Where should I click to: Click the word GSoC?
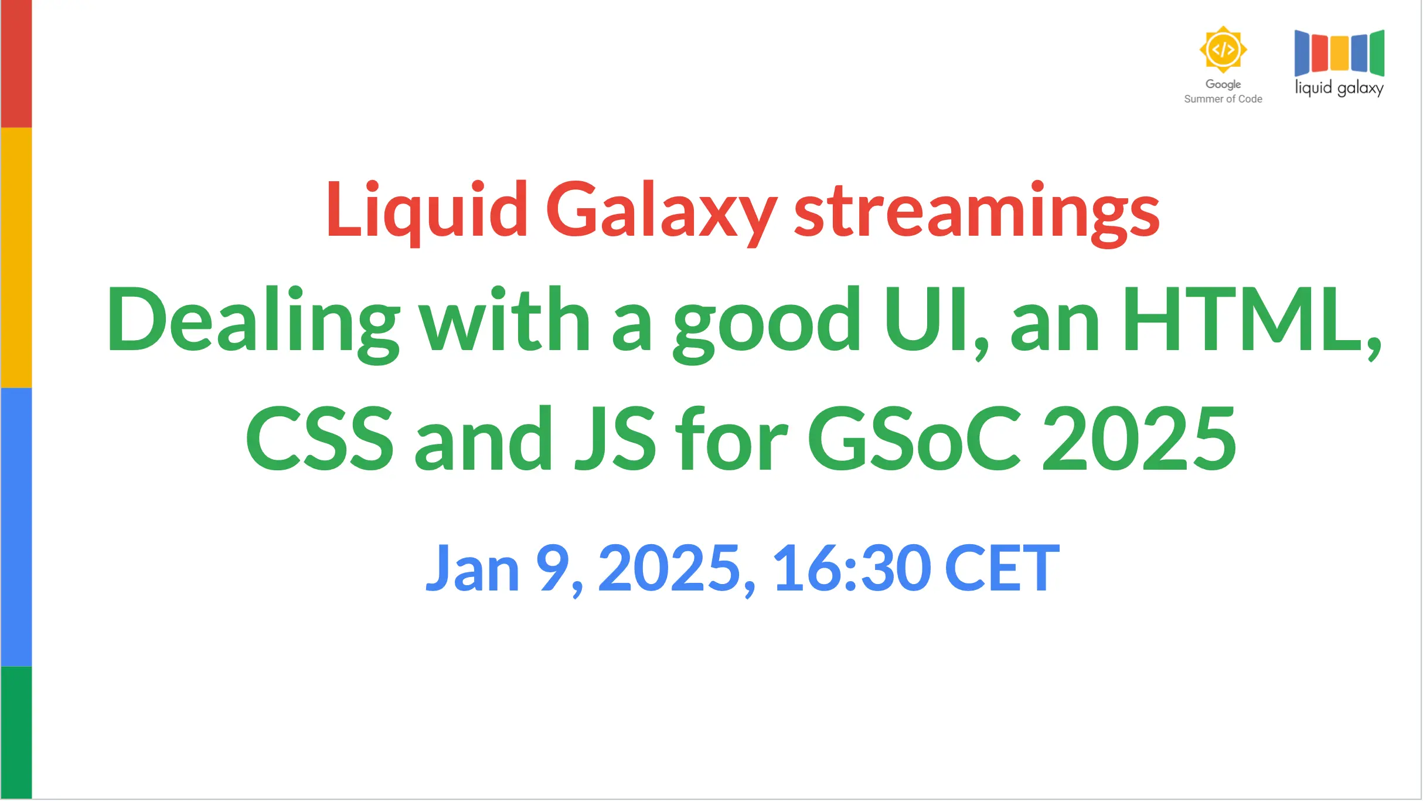coord(914,439)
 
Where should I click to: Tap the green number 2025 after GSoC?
coord(1139,439)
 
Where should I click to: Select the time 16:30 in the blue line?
coord(852,568)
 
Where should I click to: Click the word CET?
coord(1003,568)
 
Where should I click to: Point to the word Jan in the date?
coord(472,568)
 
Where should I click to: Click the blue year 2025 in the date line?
coord(670,568)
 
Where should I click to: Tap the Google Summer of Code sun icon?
coord(1223,49)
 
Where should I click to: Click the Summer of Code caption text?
coord(1223,99)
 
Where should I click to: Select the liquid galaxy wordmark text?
coord(1339,88)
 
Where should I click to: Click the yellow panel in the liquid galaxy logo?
coord(1340,53)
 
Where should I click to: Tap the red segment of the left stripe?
coord(16,64)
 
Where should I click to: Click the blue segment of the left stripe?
coord(16,527)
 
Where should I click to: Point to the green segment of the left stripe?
coord(16,733)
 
